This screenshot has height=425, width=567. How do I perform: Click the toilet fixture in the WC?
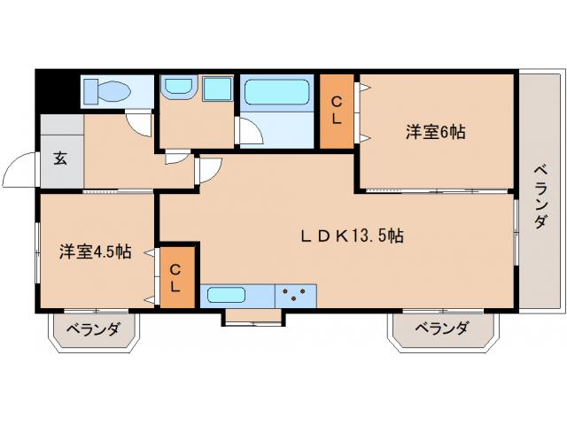(x=107, y=90)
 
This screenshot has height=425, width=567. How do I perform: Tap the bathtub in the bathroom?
(x=276, y=92)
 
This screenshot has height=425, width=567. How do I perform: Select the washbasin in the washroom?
(x=179, y=87)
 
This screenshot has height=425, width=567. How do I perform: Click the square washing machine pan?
(x=217, y=89)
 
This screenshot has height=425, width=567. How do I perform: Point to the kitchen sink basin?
(x=227, y=295)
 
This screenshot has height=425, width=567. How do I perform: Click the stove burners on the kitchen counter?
(x=294, y=294)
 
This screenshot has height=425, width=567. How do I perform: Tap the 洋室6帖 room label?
(x=435, y=132)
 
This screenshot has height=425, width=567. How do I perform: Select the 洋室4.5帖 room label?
(x=95, y=251)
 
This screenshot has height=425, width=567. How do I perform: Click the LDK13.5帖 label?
(x=353, y=236)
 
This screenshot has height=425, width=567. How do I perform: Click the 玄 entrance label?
(x=60, y=158)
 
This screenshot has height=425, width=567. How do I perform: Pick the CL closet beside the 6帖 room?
(x=337, y=112)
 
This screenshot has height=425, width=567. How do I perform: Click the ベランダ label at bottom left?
(x=93, y=329)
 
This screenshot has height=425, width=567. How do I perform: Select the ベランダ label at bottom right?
(x=441, y=328)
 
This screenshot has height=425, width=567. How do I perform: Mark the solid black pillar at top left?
(x=57, y=90)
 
